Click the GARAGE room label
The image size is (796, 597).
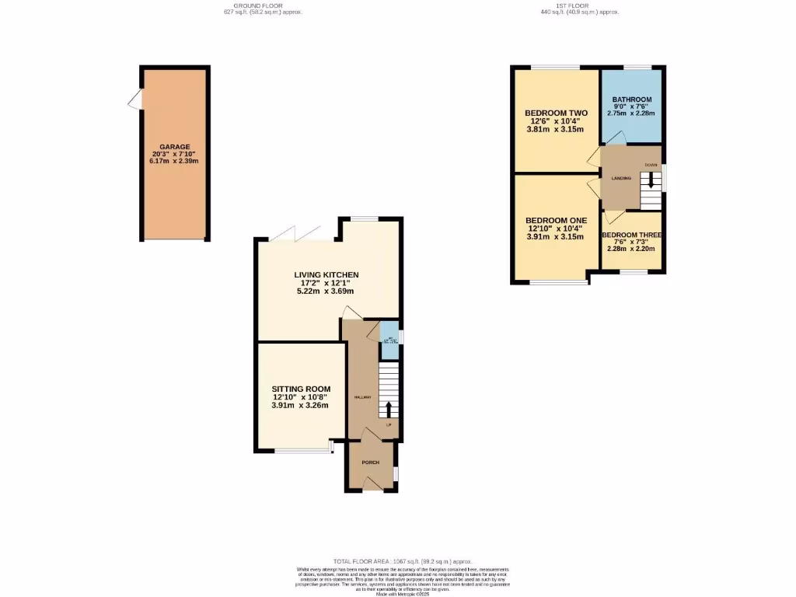174,146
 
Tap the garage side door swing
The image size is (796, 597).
135,99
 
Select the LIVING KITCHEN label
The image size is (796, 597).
326,275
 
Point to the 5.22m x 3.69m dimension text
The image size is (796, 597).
326,292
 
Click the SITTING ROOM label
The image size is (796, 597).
300,389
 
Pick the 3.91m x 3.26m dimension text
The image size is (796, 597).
300,405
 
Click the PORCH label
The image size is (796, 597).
371,463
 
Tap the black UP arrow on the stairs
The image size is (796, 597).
389,409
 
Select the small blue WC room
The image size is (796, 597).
389,340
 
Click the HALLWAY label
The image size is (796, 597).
362,397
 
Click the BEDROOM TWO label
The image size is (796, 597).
556,113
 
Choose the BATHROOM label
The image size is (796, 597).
630,100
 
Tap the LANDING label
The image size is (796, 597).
620,178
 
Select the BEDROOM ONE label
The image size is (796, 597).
555,220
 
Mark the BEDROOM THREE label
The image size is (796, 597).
631,234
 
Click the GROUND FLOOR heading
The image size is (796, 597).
257,6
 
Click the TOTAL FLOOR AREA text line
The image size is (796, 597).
403,561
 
